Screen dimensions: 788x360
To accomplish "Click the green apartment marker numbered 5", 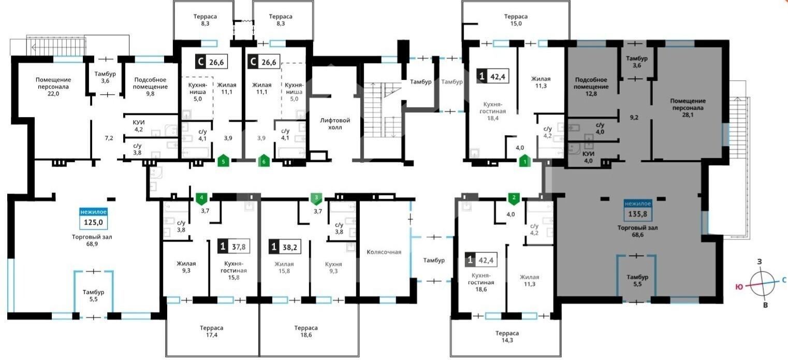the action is pos(223,161).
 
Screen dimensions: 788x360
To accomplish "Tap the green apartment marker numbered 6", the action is pos(264,161).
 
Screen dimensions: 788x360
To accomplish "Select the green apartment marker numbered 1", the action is pos(525,161).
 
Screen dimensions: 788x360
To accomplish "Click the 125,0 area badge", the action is pos(93,219).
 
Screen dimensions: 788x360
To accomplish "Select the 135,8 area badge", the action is pos(637,210).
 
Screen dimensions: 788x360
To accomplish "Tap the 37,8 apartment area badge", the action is pos(234,247).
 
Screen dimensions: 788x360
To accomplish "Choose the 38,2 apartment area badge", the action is pos(285,247).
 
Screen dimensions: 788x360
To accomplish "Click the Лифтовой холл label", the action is pos(335,123).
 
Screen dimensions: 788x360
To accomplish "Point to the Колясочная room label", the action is pos(384,252).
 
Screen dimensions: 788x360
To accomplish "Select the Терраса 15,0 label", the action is pos(516,20).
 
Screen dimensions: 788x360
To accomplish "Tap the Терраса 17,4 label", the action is pos(211,332).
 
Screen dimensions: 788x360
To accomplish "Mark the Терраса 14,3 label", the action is pos(507,337).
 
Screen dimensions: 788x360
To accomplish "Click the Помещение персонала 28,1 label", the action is pos(688,108).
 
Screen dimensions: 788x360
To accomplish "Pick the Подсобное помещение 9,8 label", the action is pos(150,87).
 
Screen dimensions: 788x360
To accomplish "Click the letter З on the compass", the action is pos(760,262).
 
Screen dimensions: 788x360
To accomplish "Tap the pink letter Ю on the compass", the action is pos(739,287).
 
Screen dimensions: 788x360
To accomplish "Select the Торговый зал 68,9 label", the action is pos(92,240).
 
